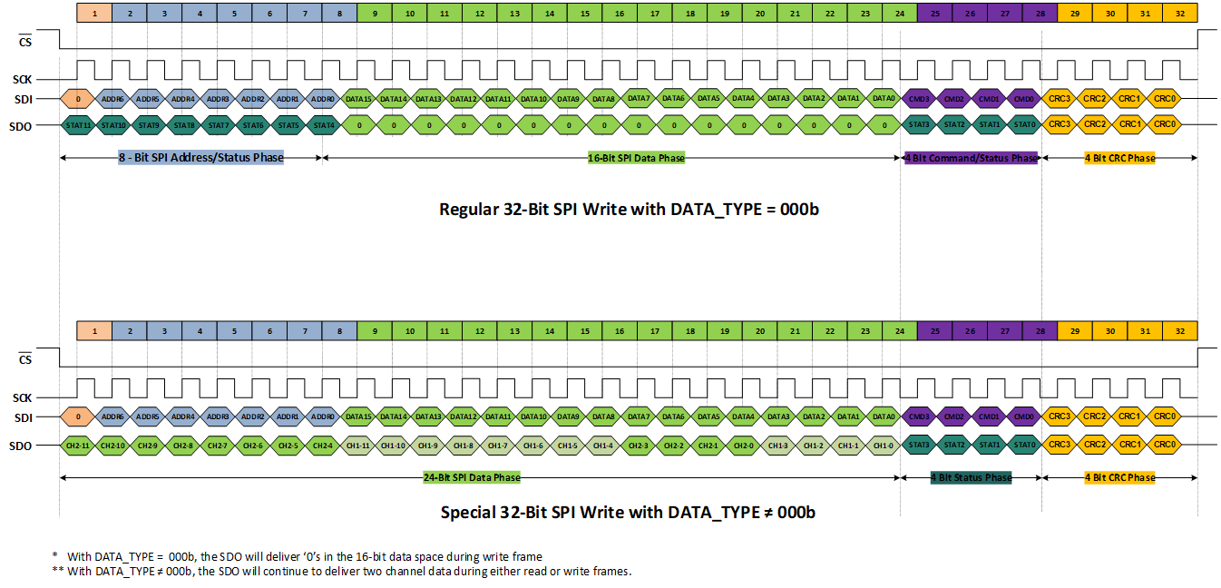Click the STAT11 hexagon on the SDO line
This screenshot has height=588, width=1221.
point(78,124)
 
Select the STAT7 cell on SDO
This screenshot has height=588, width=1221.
point(218,124)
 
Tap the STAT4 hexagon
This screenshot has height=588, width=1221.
point(323,124)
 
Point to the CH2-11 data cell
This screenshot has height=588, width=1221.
point(78,446)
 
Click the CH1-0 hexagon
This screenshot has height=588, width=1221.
point(884,446)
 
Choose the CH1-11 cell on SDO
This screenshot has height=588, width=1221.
point(358,446)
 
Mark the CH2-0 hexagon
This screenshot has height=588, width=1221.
point(744,446)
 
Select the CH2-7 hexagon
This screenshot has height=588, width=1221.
point(218,446)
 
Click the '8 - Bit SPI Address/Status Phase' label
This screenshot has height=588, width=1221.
point(200,158)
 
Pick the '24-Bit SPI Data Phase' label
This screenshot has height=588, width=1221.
point(472,477)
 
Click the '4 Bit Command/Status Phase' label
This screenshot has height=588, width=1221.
point(971,158)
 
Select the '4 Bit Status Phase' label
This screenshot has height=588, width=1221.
point(971,477)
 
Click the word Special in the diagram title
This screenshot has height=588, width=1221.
point(469,513)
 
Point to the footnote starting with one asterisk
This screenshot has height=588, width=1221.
point(299,555)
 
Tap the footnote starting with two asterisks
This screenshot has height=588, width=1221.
point(340,571)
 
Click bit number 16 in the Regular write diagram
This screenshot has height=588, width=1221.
point(620,13)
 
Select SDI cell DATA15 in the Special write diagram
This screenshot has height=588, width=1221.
point(358,416)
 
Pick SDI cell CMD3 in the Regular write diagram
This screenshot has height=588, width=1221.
point(918,98)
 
